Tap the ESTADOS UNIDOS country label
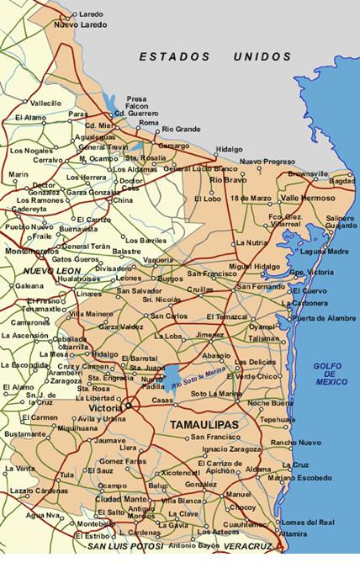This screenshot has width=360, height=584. (215, 56)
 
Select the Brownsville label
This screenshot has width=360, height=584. (307, 173)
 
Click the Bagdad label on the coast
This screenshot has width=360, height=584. (341, 180)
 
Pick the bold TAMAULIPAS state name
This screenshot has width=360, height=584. (199, 426)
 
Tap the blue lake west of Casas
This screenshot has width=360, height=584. (172, 376)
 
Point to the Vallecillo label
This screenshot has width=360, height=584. (46, 103)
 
